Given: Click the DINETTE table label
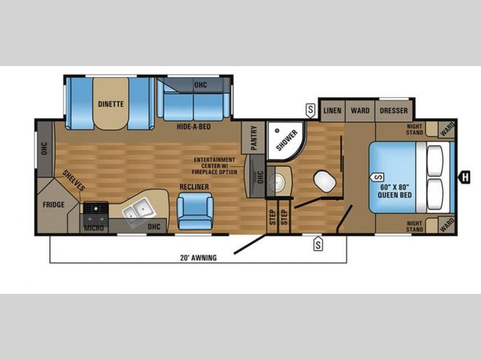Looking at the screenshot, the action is (111, 104).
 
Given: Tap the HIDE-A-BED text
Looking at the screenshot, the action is (194, 126).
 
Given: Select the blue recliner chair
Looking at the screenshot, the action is (195, 212).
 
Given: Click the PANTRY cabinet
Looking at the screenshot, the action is (253, 138).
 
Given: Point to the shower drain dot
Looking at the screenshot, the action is (277, 130).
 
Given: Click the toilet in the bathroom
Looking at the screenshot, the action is (325, 181).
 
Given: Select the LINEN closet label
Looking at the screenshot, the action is (332, 111).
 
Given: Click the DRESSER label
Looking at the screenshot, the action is (394, 111).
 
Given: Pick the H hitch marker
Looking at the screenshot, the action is (465, 177).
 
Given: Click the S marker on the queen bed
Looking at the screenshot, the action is (379, 177).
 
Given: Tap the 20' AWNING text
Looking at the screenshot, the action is (198, 258).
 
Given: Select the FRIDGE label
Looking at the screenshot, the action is (54, 204).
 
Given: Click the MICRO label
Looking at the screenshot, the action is (94, 228).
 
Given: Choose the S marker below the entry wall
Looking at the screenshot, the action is (318, 244).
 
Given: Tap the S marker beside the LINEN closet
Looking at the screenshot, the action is (311, 111).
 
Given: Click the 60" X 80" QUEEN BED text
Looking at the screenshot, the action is (394, 191).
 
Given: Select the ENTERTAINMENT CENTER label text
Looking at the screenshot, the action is (215, 166).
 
